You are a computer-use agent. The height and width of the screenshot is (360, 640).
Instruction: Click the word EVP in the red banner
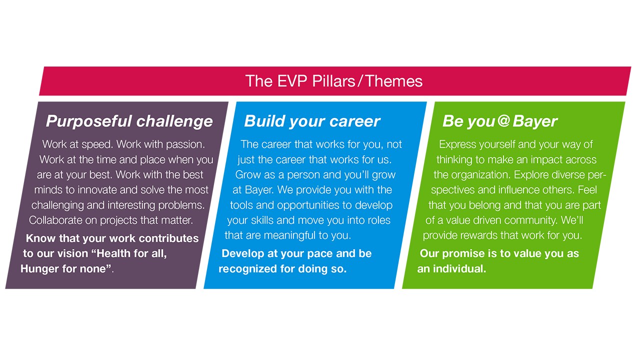292,81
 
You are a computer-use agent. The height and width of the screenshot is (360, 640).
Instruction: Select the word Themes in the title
394,81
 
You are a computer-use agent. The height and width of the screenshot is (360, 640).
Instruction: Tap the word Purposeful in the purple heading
89,121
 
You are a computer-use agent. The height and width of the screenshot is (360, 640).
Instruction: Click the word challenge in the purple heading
174,121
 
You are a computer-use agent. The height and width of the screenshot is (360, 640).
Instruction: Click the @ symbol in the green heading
503,120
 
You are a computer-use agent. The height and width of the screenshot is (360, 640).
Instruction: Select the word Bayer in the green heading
535,121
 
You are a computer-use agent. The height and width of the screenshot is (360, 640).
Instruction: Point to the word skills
262,220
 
